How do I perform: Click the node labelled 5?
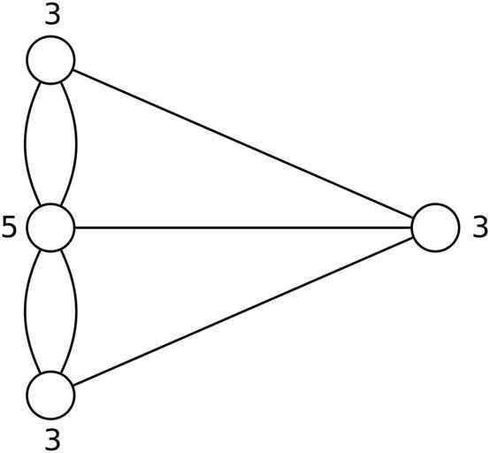50,227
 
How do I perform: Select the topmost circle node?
50,59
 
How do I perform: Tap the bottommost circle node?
50,395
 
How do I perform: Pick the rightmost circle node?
436,227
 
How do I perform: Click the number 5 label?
9,228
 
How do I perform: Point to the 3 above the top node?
52,14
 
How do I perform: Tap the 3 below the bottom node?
52,440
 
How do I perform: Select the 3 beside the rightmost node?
480,228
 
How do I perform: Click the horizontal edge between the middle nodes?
243,227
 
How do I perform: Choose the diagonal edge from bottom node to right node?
242,311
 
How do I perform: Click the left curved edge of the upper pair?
26,144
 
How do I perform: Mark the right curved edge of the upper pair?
76,144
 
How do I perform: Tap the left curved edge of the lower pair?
26,311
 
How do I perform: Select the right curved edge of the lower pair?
76,311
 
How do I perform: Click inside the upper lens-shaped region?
50,144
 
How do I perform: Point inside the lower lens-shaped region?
50,311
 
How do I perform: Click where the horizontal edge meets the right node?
411,227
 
